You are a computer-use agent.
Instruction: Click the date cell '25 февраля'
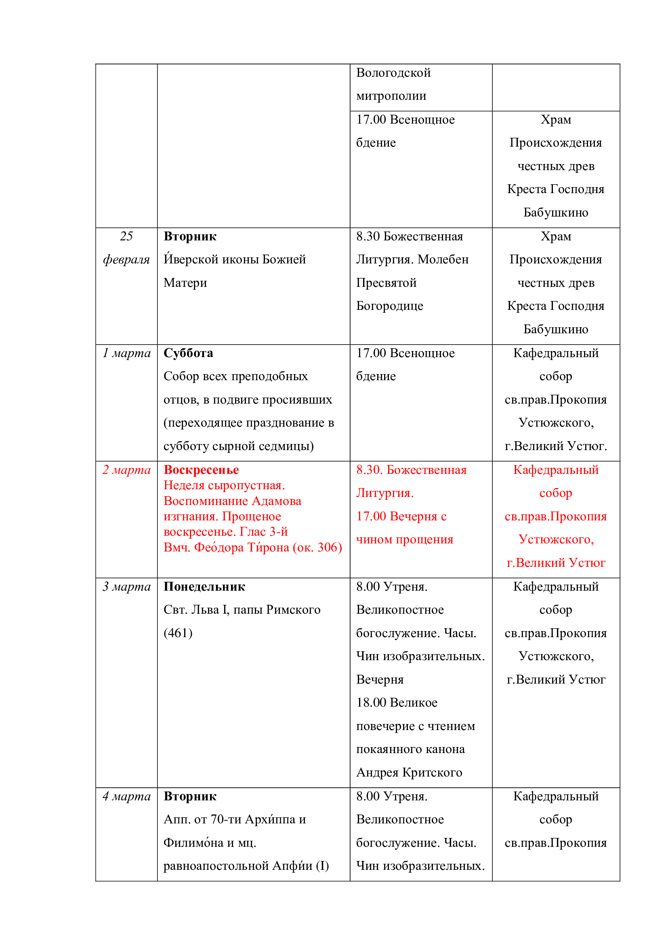(x=126, y=248)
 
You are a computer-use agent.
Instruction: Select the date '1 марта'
(x=126, y=353)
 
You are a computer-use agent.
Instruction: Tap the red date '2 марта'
(x=126, y=469)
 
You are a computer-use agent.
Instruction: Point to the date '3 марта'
(x=126, y=587)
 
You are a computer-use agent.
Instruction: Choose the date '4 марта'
(x=126, y=796)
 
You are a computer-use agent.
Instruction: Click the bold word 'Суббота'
(x=188, y=353)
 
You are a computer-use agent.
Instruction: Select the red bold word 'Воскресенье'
(x=201, y=469)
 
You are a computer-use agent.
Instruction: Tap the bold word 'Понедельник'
(x=204, y=587)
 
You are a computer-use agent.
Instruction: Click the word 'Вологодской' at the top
(x=393, y=73)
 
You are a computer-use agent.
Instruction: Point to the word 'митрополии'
(x=391, y=96)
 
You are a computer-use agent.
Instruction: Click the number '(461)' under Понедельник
(x=178, y=633)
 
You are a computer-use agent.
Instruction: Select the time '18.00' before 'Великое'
(x=372, y=703)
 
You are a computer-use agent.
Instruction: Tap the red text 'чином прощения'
(x=405, y=539)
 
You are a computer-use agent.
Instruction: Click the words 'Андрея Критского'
(x=409, y=772)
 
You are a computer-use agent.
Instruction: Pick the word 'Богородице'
(x=389, y=306)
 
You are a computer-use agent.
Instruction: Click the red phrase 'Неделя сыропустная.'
(x=224, y=485)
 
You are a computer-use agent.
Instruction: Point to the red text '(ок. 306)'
(x=317, y=547)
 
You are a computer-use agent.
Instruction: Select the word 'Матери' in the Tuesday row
(x=185, y=283)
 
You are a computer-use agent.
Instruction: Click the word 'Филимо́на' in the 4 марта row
(x=193, y=842)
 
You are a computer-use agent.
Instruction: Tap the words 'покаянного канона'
(x=410, y=749)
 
